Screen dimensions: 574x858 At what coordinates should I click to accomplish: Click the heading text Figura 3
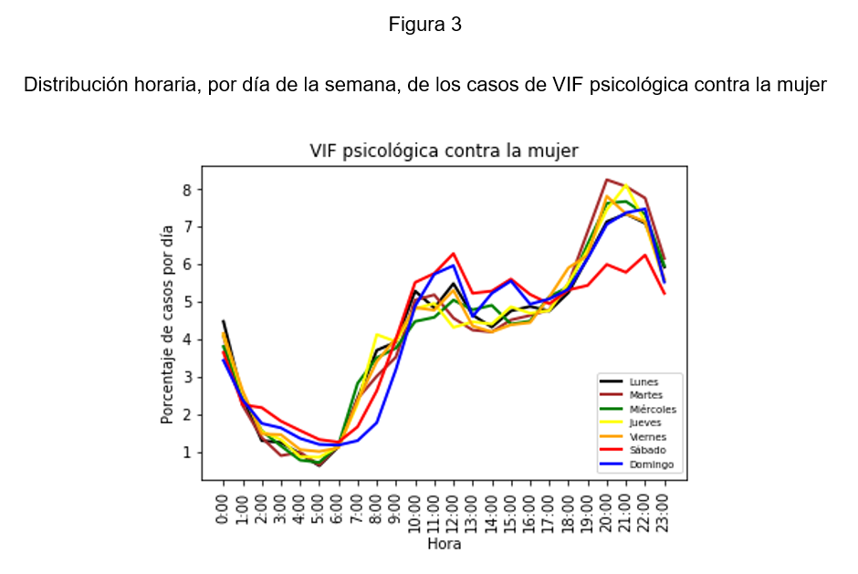pyautogui.click(x=424, y=25)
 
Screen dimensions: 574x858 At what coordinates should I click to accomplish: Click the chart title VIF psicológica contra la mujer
pyautogui.click(x=444, y=151)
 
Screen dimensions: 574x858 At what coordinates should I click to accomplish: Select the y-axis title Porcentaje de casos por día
pyautogui.click(x=167, y=325)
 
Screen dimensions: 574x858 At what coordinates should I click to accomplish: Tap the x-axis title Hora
pyautogui.click(x=444, y=545)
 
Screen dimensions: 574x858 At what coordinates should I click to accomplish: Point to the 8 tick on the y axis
pyautogui.click(x=189, y=190)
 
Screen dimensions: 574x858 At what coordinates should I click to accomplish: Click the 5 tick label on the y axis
pyautogui.click(x=189, y=302)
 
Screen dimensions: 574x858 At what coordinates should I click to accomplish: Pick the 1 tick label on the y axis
pyautogui.click(x=189, y=453)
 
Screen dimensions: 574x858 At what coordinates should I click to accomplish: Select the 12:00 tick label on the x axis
pyautogui.click(x=454, y=506)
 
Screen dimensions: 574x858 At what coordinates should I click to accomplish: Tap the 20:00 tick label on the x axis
pyautogui.click(x=607, y=506)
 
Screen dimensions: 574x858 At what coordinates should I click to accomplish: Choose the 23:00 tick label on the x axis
pyautogui.click(x=664, y=506)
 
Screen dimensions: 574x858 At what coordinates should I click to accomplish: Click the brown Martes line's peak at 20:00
pyautogui.click(x=607, y=180)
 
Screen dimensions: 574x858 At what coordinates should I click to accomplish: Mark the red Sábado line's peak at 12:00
pyautogui.click(x=454, y=254)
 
